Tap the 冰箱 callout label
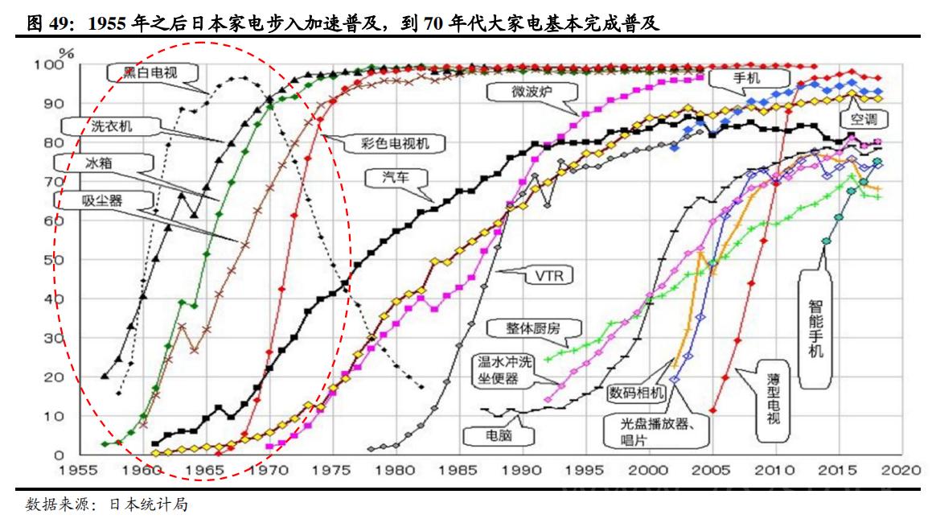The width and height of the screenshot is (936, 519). click(100, 162)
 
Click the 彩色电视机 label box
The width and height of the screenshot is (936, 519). click(389, 143)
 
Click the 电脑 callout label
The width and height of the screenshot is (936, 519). click(499, 435)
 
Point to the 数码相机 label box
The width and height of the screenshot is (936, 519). click(636, 392)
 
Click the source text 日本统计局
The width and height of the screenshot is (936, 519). click(154, 505)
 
